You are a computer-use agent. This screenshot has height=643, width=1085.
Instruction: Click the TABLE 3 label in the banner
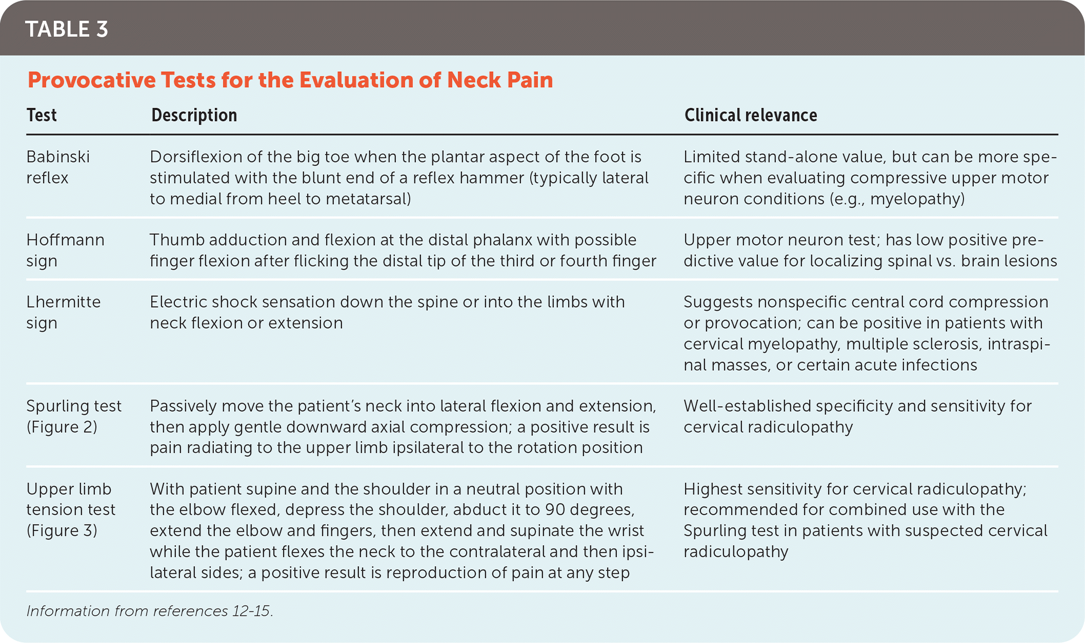[x=67, y=29]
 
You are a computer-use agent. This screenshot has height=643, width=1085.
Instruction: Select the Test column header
[x=42, y=115]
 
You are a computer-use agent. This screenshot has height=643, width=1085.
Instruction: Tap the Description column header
[x=194, y=115]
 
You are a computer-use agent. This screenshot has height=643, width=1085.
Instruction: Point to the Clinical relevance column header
[x=751, y=115]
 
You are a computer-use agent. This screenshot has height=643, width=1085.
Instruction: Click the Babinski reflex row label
[x=58, y=167]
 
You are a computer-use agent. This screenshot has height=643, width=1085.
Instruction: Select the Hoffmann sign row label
[x=65, y=250]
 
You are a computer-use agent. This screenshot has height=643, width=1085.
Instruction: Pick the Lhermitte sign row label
[x=64, y=312]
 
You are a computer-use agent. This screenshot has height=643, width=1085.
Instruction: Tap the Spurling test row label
[x=74, y=416]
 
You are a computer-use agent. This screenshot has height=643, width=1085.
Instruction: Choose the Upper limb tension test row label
[x=71, y=510]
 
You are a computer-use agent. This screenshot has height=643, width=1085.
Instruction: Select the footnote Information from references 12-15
[x=150, y=611]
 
